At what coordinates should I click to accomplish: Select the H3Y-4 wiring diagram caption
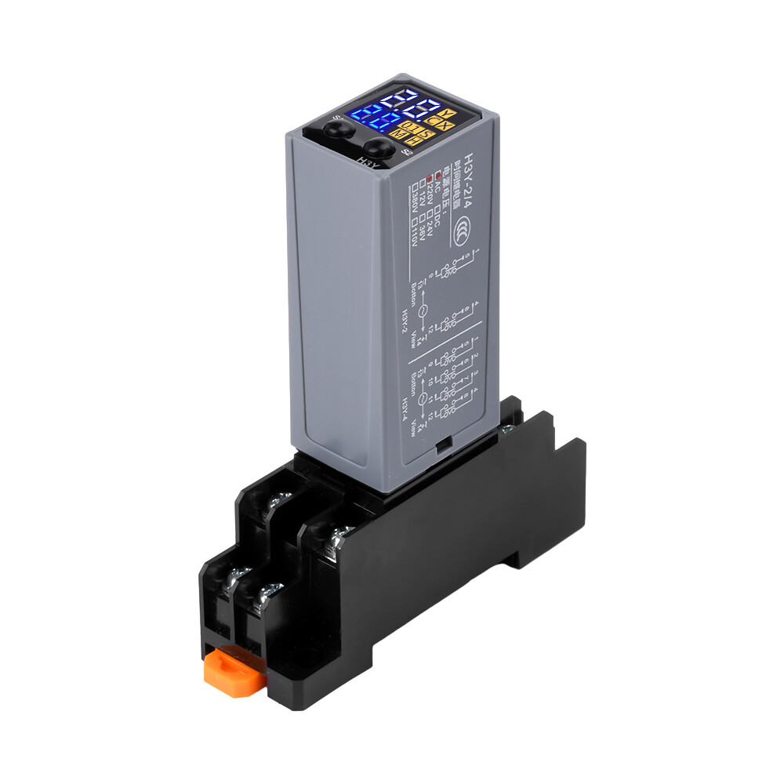coord(405,408)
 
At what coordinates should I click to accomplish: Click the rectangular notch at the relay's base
coord(443,445)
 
